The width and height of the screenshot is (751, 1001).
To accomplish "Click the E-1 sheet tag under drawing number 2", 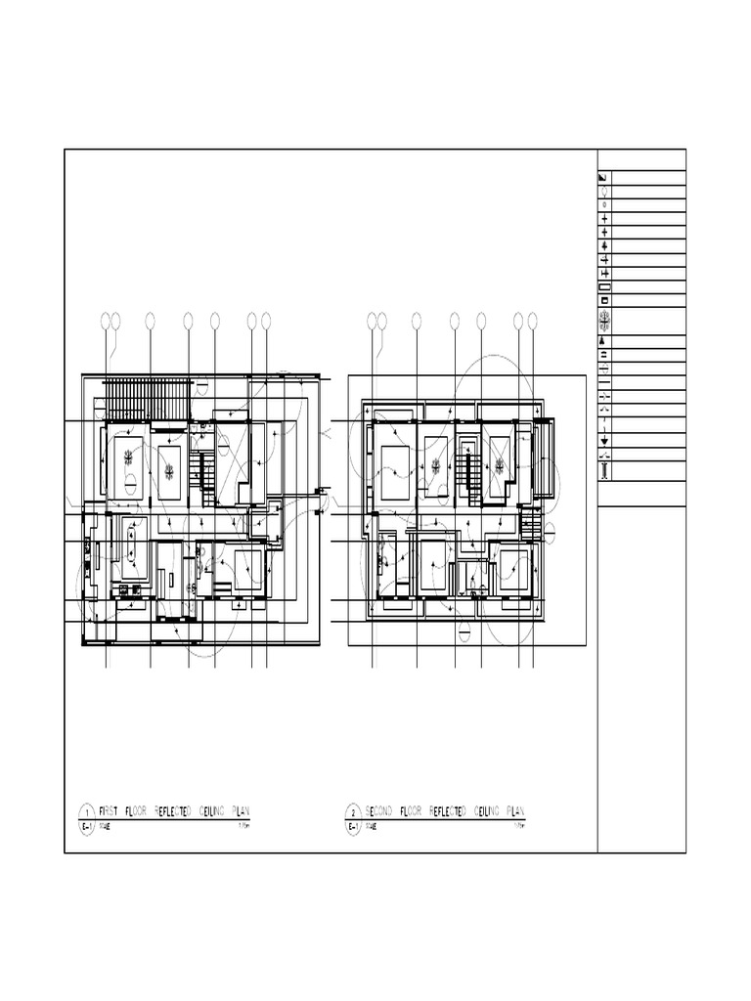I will point(353,826).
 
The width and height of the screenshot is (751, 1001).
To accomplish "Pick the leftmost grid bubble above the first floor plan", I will point(106,320).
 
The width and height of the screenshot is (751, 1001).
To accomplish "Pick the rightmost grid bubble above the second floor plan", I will point(533,320).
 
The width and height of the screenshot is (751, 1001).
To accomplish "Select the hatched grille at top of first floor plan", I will point(146,398).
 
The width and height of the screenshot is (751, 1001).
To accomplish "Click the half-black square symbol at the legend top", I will point(603,178).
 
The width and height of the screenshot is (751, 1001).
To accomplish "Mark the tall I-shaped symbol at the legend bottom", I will point(604,471).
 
